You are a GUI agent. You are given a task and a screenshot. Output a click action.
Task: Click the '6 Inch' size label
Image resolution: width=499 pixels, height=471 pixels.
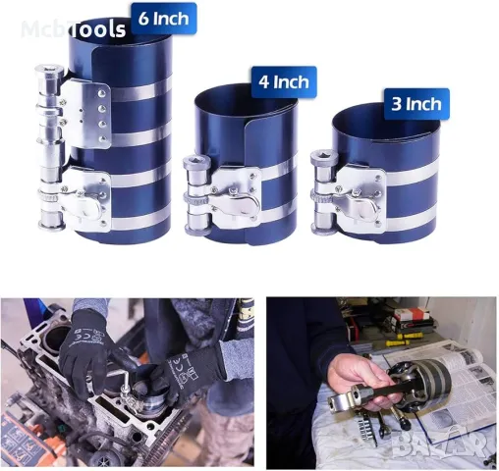(x=163, y=18)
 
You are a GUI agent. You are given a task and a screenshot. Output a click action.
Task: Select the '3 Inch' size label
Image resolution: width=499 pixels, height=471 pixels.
(x=416, y=101)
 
